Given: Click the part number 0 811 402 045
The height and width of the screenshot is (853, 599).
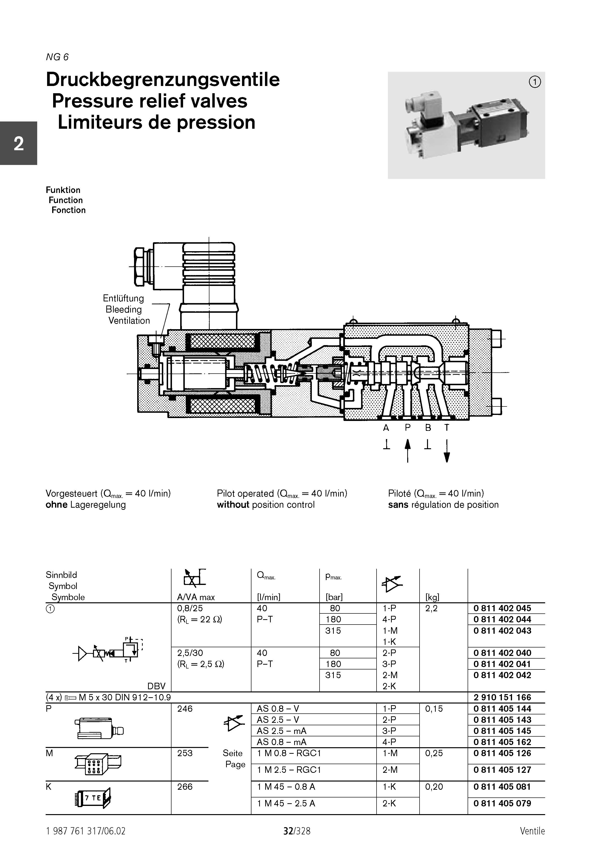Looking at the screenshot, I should [x=502, y=608].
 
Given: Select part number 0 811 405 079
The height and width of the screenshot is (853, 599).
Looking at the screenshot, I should [x=502, y=803].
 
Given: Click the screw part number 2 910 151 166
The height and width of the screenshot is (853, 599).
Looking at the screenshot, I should [x=502, y=697].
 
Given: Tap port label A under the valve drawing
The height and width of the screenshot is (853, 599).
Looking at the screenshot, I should [x=386, y=428].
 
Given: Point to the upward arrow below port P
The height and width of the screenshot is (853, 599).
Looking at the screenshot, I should [x=408, y=450].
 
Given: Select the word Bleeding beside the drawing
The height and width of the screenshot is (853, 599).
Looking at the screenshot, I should [x=123, y=309].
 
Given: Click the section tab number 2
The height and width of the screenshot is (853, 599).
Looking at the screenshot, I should [x=19, y=144].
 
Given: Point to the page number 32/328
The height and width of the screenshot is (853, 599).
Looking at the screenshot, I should [x=297, y=831].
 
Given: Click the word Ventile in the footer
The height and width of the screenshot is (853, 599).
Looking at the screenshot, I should [x=532, y=831].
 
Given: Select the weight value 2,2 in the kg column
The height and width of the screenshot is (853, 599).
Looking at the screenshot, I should [x=431, y=608].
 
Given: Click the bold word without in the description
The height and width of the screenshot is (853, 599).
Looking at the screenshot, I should [x=233, y=505].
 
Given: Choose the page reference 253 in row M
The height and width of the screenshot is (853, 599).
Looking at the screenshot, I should [x=185, y=753].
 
